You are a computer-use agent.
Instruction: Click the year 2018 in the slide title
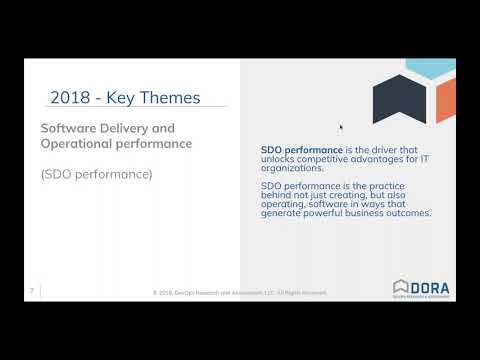(x=71, y=97)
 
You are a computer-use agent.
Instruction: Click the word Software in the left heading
(x=69, y=128)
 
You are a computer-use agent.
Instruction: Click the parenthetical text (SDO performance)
(x=96, y=174)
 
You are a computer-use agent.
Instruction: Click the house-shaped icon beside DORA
(x=400, y=287)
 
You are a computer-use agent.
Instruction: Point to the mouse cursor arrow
(x=341, y=127)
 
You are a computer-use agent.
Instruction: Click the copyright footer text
(x=240, y=292)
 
